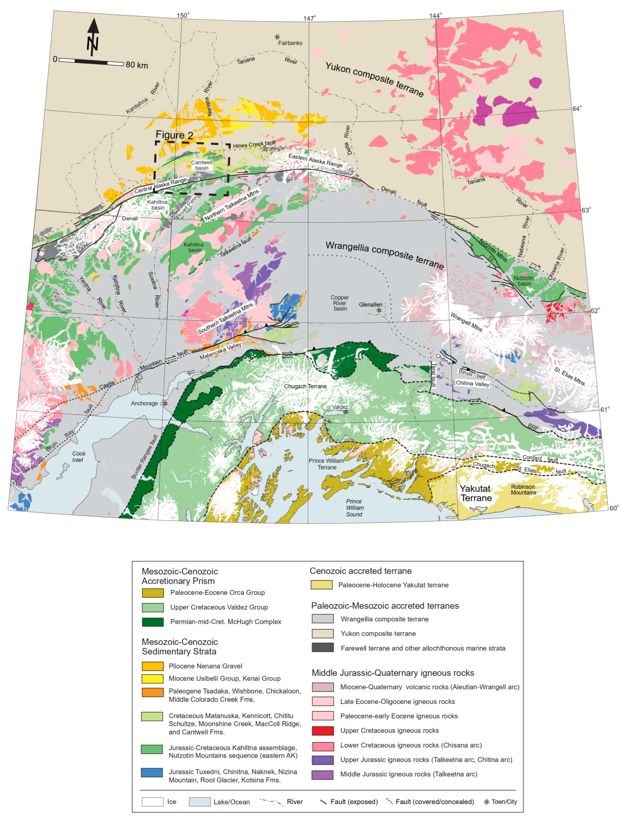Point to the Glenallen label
point(370,305)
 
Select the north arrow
point(93,37)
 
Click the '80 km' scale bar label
point(137,65)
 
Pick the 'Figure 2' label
point(174,135)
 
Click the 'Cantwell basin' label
point(202,165)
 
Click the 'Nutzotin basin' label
point(524,281)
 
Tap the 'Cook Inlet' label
point(78,457)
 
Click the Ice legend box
point(152,802)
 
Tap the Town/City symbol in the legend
point(486,802)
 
